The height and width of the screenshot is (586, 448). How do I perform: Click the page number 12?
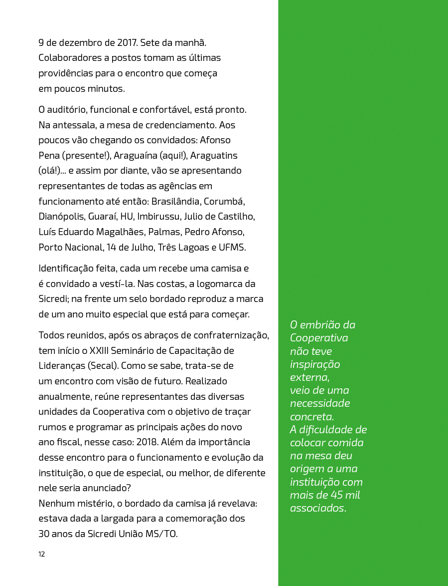(42, 554)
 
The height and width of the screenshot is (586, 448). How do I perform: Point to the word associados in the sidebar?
(317, 508)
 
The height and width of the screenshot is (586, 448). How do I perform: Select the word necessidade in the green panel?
(320, 403)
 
